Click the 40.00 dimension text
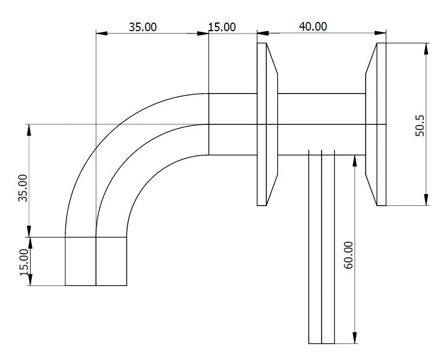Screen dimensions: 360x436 click(x=312, y=26)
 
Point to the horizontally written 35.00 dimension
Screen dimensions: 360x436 click(x=142, y=27)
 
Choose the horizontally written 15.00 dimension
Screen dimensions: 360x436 click(x=222, y=27)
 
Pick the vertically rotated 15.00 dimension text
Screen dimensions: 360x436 click(x=23, y=262)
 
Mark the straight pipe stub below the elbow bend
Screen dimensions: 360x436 click(x=96, y=261)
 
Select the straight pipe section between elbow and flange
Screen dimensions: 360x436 click(x=232, y=124)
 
